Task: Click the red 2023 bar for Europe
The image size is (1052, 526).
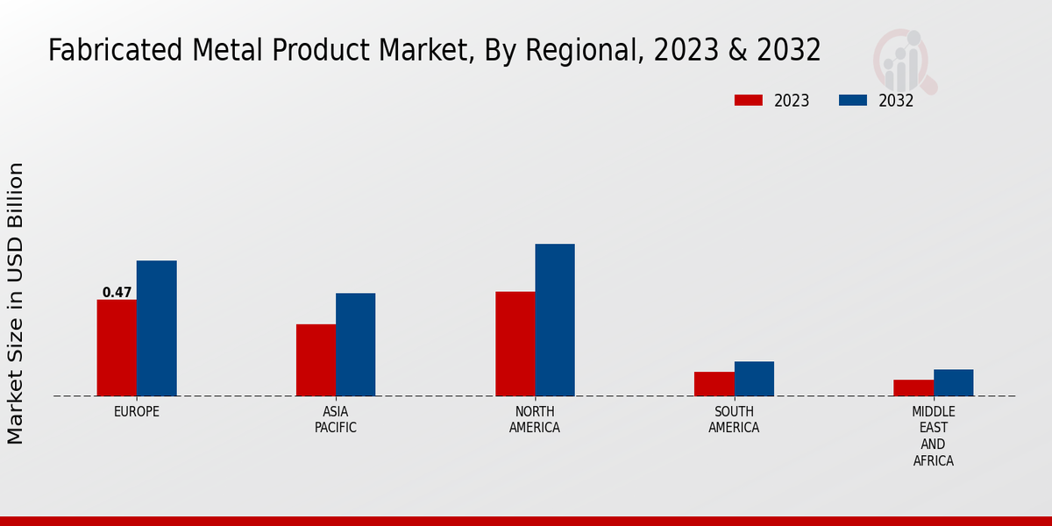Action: click(117, 348)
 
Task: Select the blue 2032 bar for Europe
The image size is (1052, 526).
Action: click(156, 329)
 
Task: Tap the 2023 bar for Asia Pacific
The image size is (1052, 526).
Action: click(316, 360)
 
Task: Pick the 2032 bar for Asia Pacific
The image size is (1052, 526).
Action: click(355, 345)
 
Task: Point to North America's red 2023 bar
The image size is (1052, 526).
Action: click(515, 344)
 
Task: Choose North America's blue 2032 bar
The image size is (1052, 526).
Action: click(555, 320)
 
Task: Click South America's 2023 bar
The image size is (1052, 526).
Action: click(714, 384)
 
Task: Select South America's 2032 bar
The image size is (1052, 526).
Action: click(754, 379)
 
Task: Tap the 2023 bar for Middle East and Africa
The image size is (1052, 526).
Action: click(913, 387)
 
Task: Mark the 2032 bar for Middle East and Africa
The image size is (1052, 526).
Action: click(953, 382)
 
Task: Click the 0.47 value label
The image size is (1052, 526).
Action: click(117, 293)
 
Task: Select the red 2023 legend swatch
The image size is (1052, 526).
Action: click(748, 101)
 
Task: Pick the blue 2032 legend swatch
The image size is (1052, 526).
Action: click(852, 101)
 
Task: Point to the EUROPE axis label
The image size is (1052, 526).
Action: click(137, 411)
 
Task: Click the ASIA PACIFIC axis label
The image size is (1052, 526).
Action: click(336, 419)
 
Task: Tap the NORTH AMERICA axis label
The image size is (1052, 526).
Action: click(535, 419)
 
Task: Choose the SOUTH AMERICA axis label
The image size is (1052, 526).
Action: click(734, 419)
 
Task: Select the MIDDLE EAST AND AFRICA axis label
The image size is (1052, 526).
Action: click(934, 436)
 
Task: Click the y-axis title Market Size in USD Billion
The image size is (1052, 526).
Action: click(16, 302)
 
